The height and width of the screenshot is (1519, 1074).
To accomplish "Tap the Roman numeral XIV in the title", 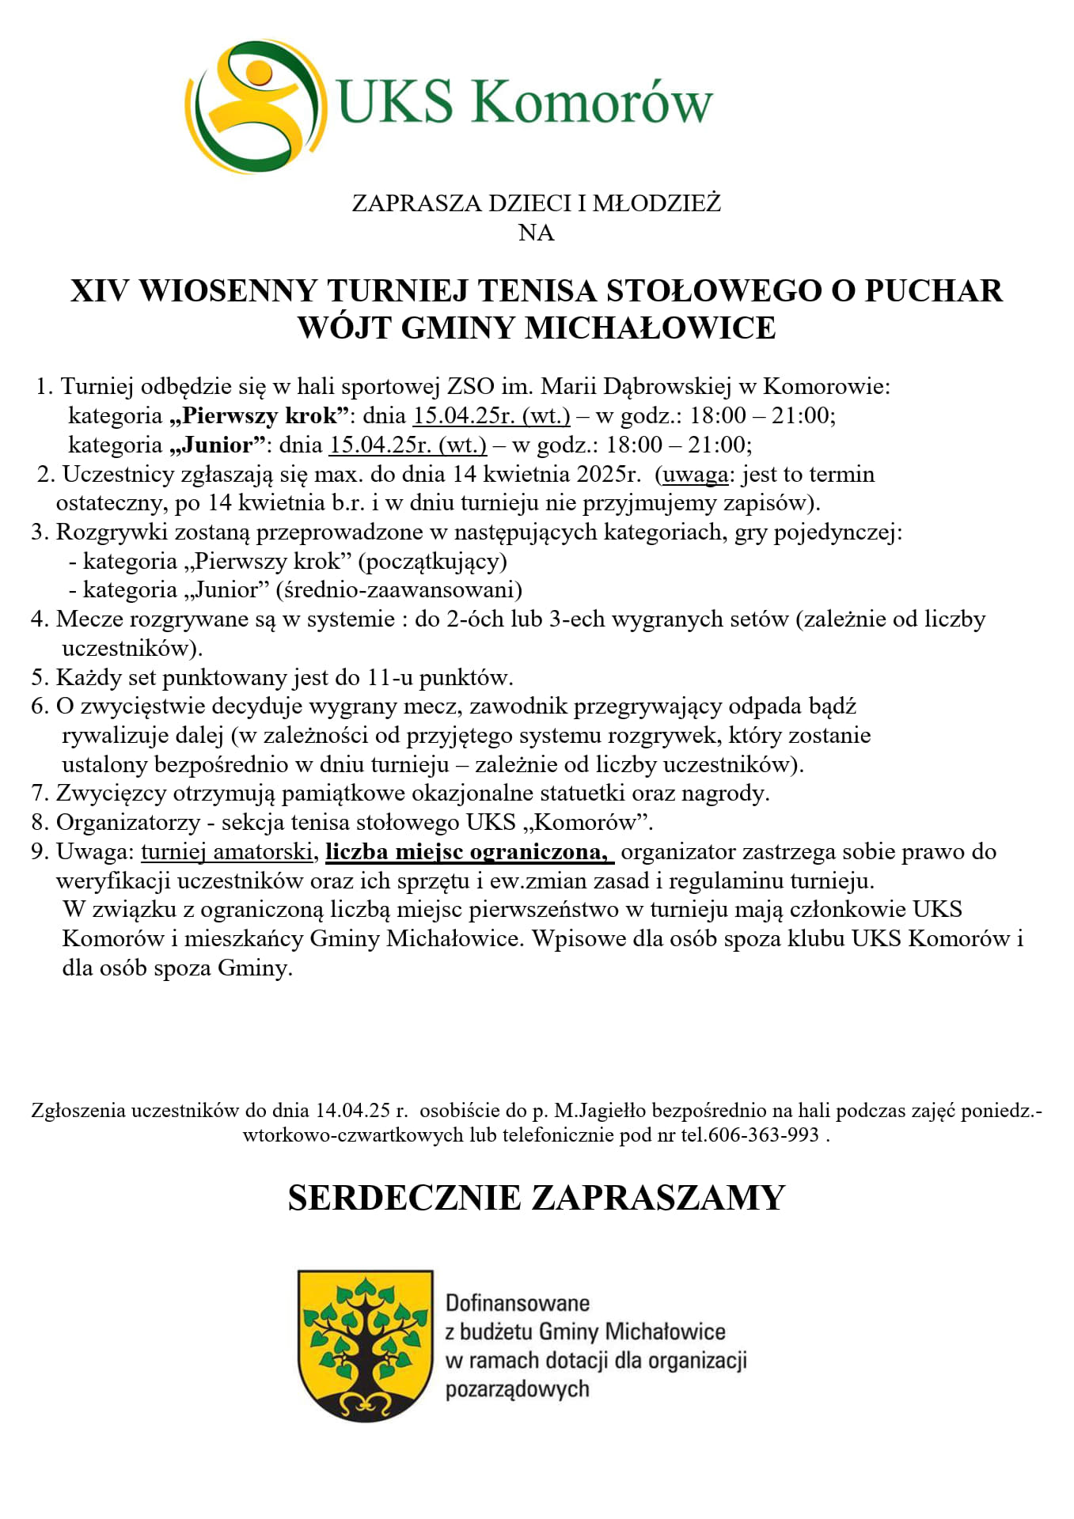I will pyautogui.click(x=99, y=291).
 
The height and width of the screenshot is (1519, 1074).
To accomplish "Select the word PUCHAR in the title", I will pyautogui.click(x=933, y=291).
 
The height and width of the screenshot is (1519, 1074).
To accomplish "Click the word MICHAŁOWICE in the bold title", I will pyautogui.click(x=650, y=328).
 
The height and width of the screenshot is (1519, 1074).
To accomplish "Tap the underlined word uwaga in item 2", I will pyautogui.click(x=695, y=474).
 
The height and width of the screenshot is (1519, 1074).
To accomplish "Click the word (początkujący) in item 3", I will pyautogui.click(x=432, y=561).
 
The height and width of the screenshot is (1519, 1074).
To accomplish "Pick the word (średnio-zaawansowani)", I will pyautogui.click(x=399, y=590).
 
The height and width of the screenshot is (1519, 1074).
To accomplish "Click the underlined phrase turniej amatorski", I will pyautogui.click(x=227, y=852).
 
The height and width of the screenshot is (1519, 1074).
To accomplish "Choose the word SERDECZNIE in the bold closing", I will pyautogui.click(x=404, y=1198).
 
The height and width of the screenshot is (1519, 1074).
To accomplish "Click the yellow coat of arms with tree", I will pyautogui.click(x=365, y=1345).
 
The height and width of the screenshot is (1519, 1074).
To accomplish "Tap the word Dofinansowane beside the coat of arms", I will pyautogui.click(x=518, y=1303).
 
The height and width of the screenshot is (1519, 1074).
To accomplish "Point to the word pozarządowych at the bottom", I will pyautogui.click(x=518, y=1389).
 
